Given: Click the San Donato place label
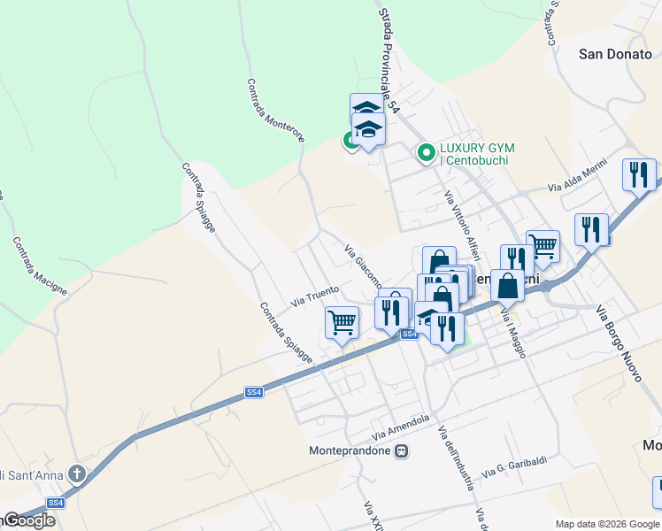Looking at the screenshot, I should [x=615, y=54].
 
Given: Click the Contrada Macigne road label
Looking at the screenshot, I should [x=40, y=265].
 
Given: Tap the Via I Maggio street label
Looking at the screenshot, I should [x=513, y=332].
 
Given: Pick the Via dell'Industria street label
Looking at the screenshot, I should [x=455, y=457].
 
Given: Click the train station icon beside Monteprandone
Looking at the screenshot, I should [x=403, y=450].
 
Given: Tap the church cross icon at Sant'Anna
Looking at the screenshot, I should [x=78, y=474].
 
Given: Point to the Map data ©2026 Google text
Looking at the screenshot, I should [x=607, y=524].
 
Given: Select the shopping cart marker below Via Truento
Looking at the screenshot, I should [x=342, y=322].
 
